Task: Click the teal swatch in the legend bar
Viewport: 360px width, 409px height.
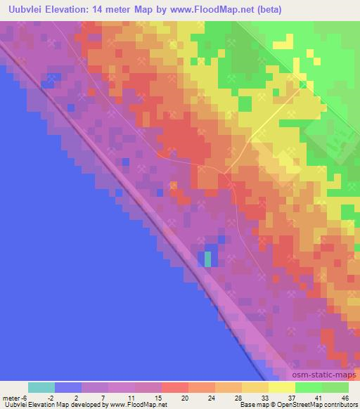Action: tap(41, 387)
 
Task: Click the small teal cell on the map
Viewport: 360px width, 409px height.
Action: tap(207, 259)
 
